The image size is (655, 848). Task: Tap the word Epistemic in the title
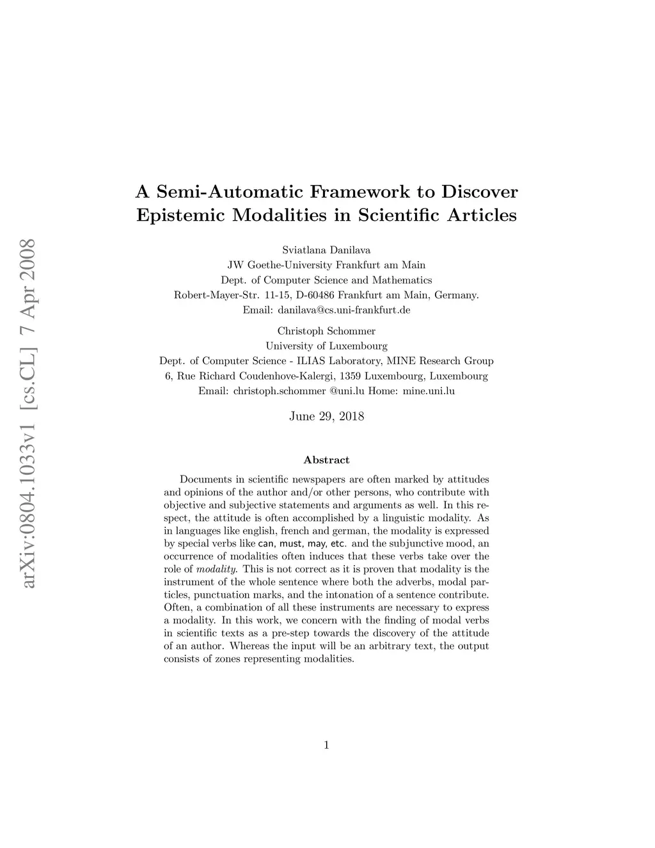click(180, 215)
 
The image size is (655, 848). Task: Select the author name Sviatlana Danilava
click(326, 250)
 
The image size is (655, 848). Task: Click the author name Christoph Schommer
click(326, 331)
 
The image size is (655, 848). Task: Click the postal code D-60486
click(313, 295)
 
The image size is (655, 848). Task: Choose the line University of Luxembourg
click(326, 346)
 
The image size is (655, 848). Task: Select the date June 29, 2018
click(326, 417)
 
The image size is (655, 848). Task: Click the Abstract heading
click(326, 460)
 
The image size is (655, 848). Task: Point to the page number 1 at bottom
click(326, 744)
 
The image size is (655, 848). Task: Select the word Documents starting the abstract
click(205, 479)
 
